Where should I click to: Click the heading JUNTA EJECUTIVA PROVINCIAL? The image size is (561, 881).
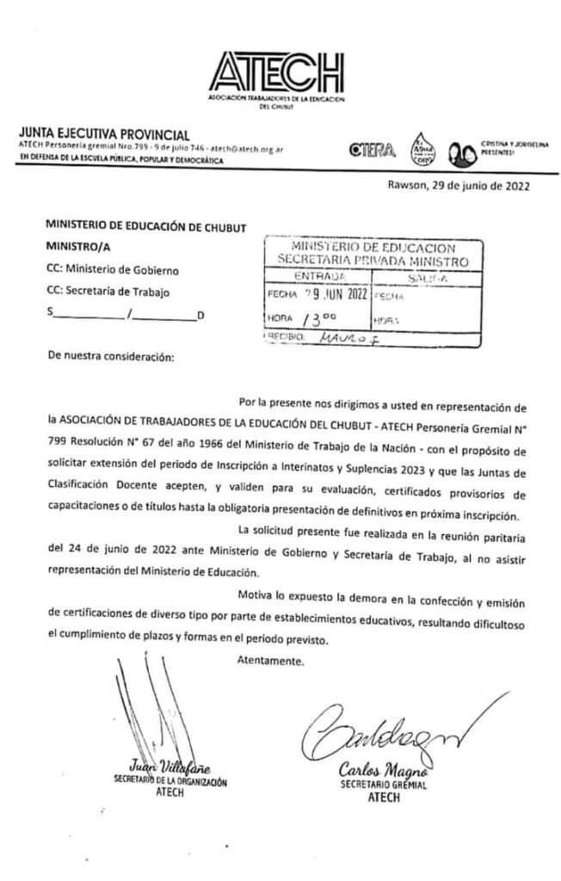(x=103, y=135)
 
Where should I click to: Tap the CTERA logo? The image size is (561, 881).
(x=372, y=152)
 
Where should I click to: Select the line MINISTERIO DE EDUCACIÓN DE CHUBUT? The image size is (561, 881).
(x=145, y=227)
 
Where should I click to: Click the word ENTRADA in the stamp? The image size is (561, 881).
(x=320, y=276)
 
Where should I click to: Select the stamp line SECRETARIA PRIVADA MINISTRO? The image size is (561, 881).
(x=372, y=260)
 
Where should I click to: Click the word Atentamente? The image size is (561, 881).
(x=269, y=662)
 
